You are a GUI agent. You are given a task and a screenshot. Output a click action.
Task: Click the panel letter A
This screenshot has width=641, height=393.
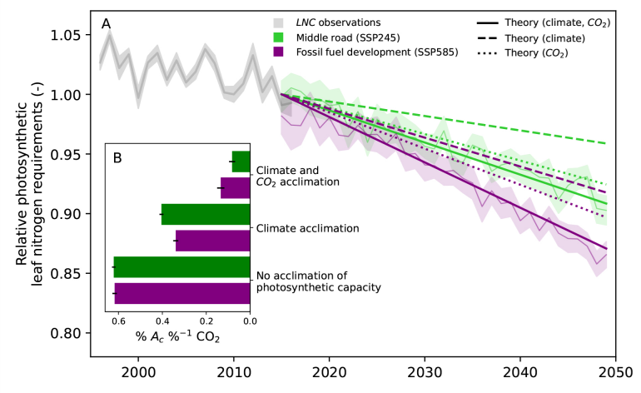(x=107, y=24)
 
